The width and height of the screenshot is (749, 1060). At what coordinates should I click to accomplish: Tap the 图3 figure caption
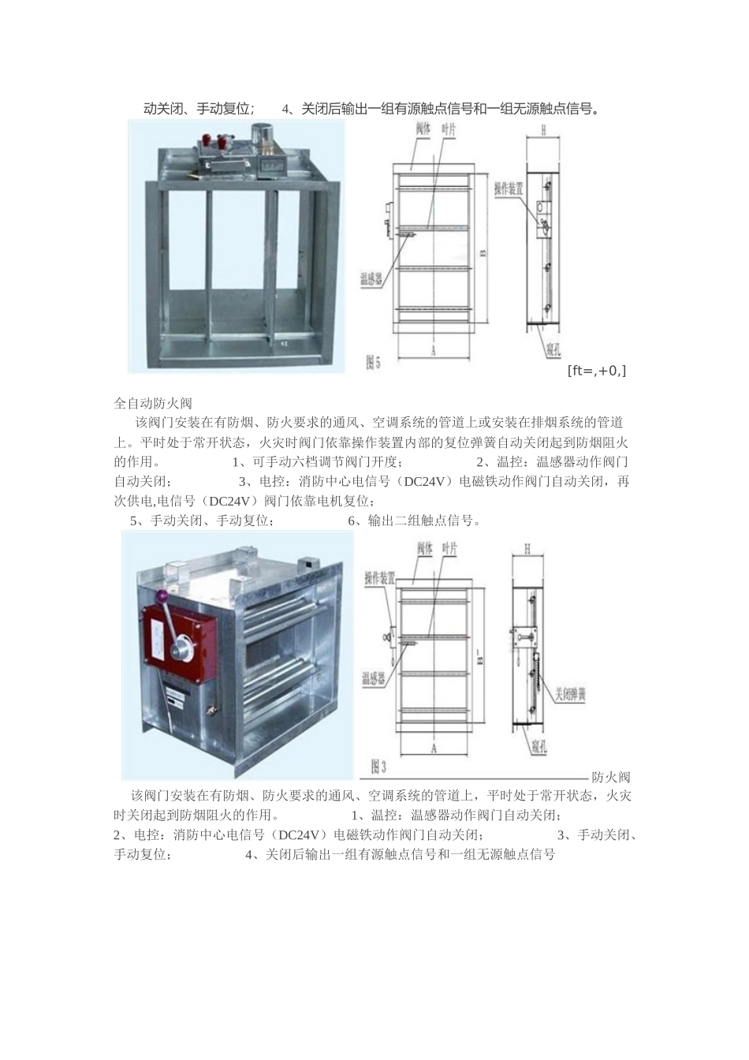click(x=378, y=765)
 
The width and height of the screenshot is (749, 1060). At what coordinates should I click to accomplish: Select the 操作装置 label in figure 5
click(x=509, y=188)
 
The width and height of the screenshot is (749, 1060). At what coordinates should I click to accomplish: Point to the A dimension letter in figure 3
click(x=434, y=748)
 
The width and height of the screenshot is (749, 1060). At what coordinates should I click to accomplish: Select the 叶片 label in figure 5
click(x=449, y=129)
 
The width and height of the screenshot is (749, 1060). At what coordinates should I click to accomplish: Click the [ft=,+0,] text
click(x=597, y=370)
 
